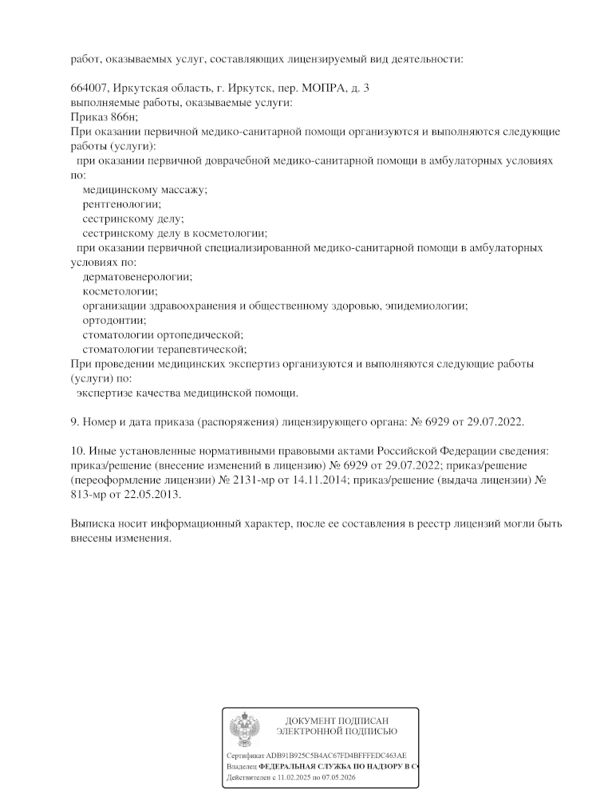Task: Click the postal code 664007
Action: [88, 89]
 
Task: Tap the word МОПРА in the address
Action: [322, 89]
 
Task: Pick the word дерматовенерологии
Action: [137, 277]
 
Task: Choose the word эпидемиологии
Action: [428, 306]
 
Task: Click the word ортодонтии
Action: [109, 320]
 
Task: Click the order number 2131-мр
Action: [318, 480]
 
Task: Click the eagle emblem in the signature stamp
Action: [243, 728]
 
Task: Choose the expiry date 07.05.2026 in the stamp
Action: [339, 776]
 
